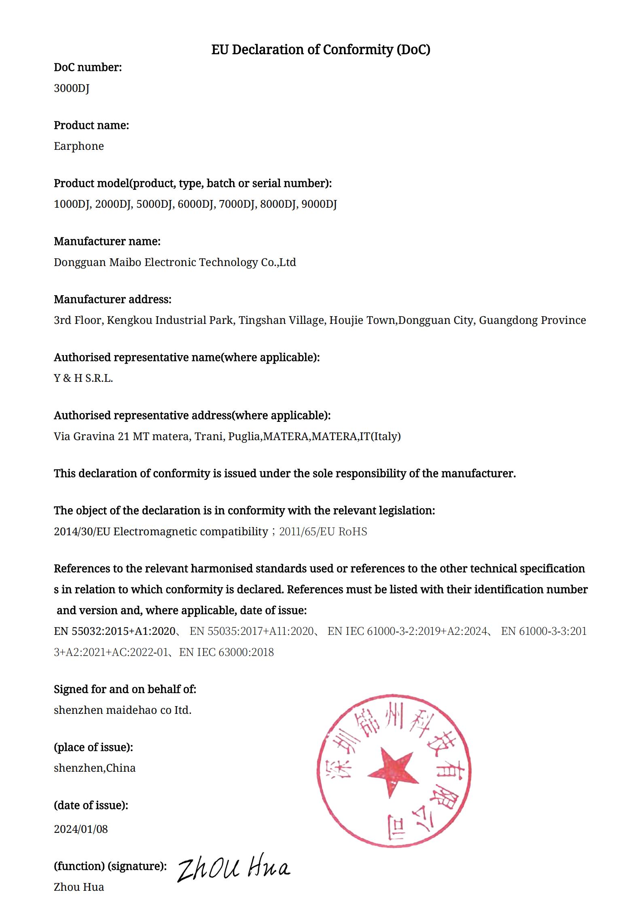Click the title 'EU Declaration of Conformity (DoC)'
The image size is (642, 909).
tap(320, 50)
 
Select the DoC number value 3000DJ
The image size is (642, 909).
tap(72, 88)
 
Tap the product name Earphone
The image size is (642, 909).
tap(79, 146)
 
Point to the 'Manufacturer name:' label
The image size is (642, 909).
tap(107, 241)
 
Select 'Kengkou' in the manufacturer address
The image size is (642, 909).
tap(129, 320)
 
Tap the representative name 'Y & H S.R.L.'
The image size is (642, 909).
tap(83, 378)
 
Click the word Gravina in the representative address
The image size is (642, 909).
tap(94, 436)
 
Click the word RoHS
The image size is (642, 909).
tap(352, 532)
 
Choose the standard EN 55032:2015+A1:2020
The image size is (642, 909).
tap(114, 631)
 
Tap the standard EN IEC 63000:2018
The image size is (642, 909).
tap(227, 652)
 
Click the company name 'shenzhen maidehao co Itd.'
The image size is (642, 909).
tap(123, 710)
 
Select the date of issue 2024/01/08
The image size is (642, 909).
tap(81, 829)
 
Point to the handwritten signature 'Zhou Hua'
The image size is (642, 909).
tap(234, 868)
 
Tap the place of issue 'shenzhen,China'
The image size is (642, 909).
tap(95, 768)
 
